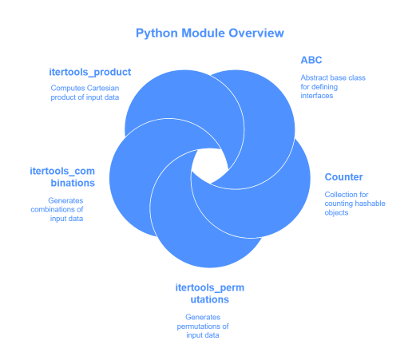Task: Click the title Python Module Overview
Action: pyautogui.click(x=210, y=34)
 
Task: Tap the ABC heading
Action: pyautogui.click(x=311, y=60)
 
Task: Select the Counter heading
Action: pyautogui.click(x=343, y=176)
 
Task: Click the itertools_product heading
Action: pyautogui.click(x=90, y=72)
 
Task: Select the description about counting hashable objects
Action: pyautogui.click(x=354, y=204)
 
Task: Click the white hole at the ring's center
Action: pyautogui.click(x=209, y=166)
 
